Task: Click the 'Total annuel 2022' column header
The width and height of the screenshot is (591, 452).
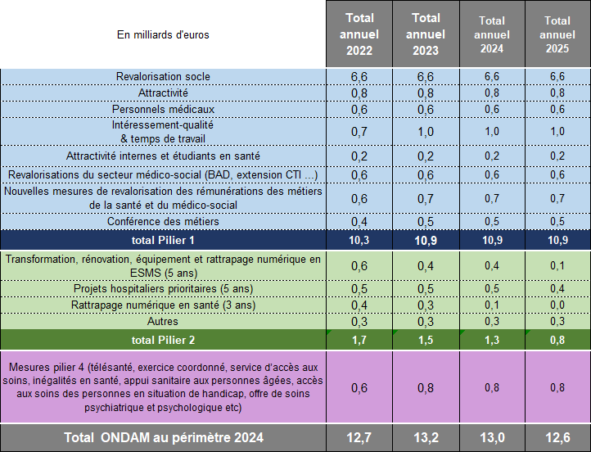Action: (359, 34)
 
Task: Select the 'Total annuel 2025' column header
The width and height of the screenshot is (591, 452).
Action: (557, 34)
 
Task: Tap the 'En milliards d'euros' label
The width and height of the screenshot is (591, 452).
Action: (163, 34)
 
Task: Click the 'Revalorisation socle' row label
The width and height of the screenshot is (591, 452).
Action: (163, 76)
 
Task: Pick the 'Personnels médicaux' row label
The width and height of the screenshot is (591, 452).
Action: (163, 109)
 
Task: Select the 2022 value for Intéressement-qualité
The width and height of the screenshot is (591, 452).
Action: (359, 132)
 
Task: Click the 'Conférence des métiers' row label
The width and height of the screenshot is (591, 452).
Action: (163, 222)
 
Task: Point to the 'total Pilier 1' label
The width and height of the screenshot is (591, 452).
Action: (163, 240)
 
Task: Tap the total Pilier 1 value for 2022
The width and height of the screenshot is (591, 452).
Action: (359, 240)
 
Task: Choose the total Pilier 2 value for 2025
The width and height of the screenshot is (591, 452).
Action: (557, 338)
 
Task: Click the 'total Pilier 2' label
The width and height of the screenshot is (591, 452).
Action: (163, 338)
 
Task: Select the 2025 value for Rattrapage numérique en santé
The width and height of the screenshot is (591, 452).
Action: (557, 305)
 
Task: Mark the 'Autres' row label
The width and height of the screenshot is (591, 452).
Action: (163, 321)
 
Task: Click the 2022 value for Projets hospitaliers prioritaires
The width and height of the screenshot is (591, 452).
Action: (359, 288)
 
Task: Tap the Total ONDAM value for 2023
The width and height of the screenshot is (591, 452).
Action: (426, 438)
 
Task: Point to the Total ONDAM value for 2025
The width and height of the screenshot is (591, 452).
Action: (557, 438)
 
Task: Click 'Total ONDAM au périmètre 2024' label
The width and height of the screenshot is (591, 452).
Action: (163, 438)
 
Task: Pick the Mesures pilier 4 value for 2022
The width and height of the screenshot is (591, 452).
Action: (359, 388)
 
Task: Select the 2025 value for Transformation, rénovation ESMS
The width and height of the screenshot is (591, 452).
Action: (557, 265)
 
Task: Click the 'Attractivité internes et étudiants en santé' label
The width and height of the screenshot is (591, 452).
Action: (163, 156)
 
